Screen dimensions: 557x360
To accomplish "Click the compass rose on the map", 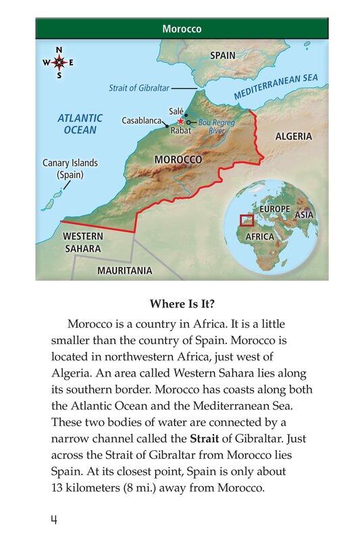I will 59,62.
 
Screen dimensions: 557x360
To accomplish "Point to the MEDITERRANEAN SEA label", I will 276,87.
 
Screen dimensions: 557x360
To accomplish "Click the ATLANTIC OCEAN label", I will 80,124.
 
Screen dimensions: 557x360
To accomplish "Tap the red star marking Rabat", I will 180,121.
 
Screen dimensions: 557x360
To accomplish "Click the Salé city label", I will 176,110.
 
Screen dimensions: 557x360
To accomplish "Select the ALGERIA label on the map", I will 293,136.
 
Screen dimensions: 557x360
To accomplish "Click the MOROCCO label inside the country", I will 178,160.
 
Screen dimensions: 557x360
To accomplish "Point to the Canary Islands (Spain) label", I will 70,168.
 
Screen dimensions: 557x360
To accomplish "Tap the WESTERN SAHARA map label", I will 82,242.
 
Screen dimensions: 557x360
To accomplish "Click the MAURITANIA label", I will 124,270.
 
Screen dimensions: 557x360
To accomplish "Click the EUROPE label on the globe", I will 274,210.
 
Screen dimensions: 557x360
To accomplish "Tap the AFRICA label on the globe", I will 259,237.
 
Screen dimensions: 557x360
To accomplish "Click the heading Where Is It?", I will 180,304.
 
